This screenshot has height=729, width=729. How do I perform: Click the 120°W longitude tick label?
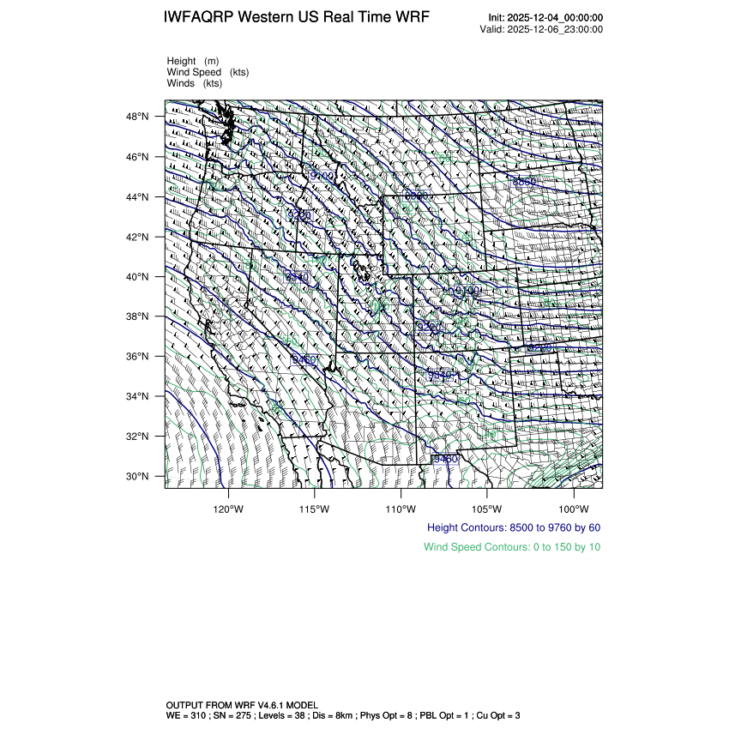click(229, 507)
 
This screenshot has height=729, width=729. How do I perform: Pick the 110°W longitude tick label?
click(401, 507)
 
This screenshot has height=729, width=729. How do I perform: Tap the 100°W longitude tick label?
click(573, 507)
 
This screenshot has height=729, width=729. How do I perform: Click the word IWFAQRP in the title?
click(198, 18)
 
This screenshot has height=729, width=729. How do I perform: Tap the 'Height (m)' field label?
click(193, 61)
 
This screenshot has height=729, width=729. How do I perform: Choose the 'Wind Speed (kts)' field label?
click(208, 72)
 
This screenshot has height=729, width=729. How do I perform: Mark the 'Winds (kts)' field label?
click(195, 83)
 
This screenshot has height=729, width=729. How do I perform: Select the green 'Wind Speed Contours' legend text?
click(512, 546)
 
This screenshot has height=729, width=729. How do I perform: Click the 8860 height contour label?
click(524, 182)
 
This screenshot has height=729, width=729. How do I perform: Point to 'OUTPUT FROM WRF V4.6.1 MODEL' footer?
click(242, 704)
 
